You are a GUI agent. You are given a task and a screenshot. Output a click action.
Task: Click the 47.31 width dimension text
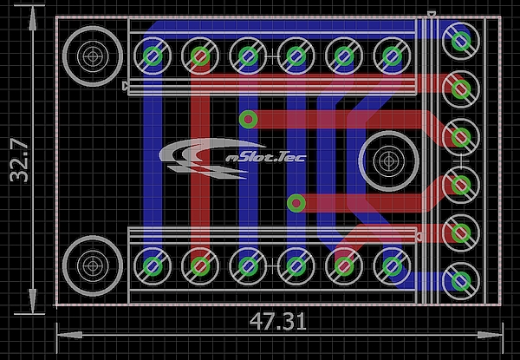click(278, 321)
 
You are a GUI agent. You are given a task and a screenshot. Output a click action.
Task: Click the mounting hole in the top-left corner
click(92, 56)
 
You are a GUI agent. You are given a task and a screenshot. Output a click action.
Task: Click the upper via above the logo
click(249, 118)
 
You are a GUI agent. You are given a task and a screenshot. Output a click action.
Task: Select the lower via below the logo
click(296, 203)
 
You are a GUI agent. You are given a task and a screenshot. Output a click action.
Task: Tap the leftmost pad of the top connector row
click(154, 56)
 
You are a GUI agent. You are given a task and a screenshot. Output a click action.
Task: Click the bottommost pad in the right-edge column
click(459, 281)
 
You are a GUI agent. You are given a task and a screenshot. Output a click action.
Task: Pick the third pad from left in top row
click(248, 56)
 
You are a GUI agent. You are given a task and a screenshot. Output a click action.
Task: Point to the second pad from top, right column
click(459, 87)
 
